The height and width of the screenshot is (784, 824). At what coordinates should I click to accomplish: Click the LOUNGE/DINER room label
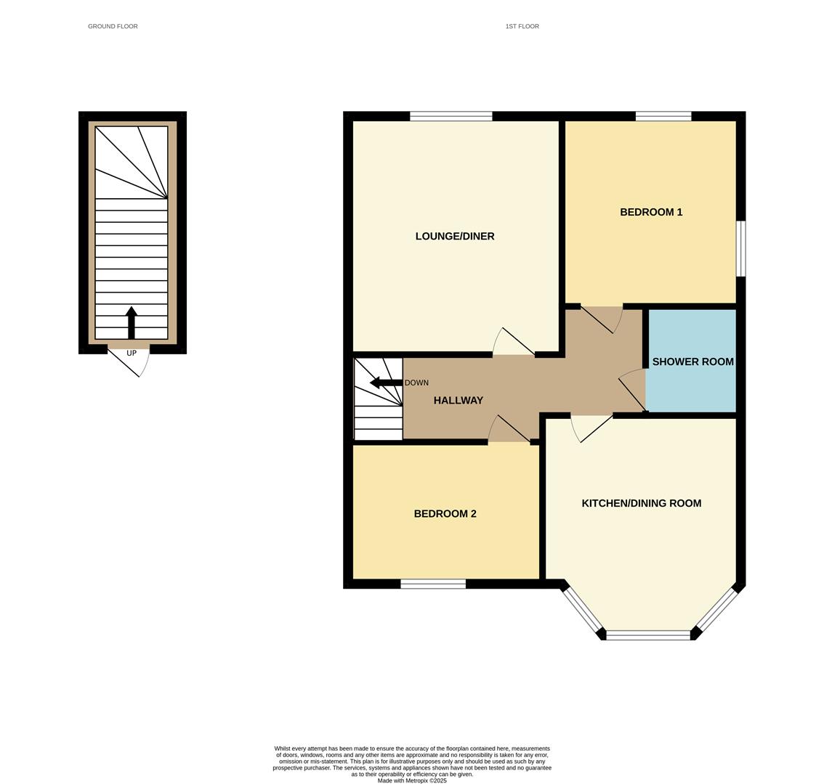[455, 237]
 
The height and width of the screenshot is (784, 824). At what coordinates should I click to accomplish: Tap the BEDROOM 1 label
[651, 212]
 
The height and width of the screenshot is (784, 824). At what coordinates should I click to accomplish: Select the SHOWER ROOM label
[692, 362]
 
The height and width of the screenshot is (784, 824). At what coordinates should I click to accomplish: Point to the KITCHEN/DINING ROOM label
[641, 503]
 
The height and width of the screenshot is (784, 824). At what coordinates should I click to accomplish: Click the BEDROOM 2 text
[445, 513]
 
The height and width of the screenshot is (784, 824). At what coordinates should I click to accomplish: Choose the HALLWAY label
[459, 400]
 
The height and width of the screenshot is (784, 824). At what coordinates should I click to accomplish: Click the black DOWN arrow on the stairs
[387, 383]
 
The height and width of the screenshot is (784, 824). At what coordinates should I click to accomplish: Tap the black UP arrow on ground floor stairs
[132, 322]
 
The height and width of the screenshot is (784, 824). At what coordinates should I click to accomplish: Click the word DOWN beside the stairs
[417, 383]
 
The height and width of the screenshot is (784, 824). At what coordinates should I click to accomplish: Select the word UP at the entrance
[132, 353]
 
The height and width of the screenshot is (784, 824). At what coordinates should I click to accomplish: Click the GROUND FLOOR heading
[113, 26]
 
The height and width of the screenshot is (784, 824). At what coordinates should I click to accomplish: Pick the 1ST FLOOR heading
[522, 26]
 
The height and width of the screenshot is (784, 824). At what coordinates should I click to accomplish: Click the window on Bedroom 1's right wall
[740, 248]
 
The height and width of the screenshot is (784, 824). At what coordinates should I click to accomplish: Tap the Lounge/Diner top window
[451, 116]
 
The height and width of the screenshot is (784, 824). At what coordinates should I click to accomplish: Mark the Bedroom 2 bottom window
[433, 584]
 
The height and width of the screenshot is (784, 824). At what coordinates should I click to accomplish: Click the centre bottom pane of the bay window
[648, 635]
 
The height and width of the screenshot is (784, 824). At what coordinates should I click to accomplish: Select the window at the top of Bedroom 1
[663, 116]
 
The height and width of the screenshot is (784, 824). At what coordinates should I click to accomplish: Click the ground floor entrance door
[129, 360]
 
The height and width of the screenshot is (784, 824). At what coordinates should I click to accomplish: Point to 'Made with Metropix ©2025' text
[412, 781]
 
